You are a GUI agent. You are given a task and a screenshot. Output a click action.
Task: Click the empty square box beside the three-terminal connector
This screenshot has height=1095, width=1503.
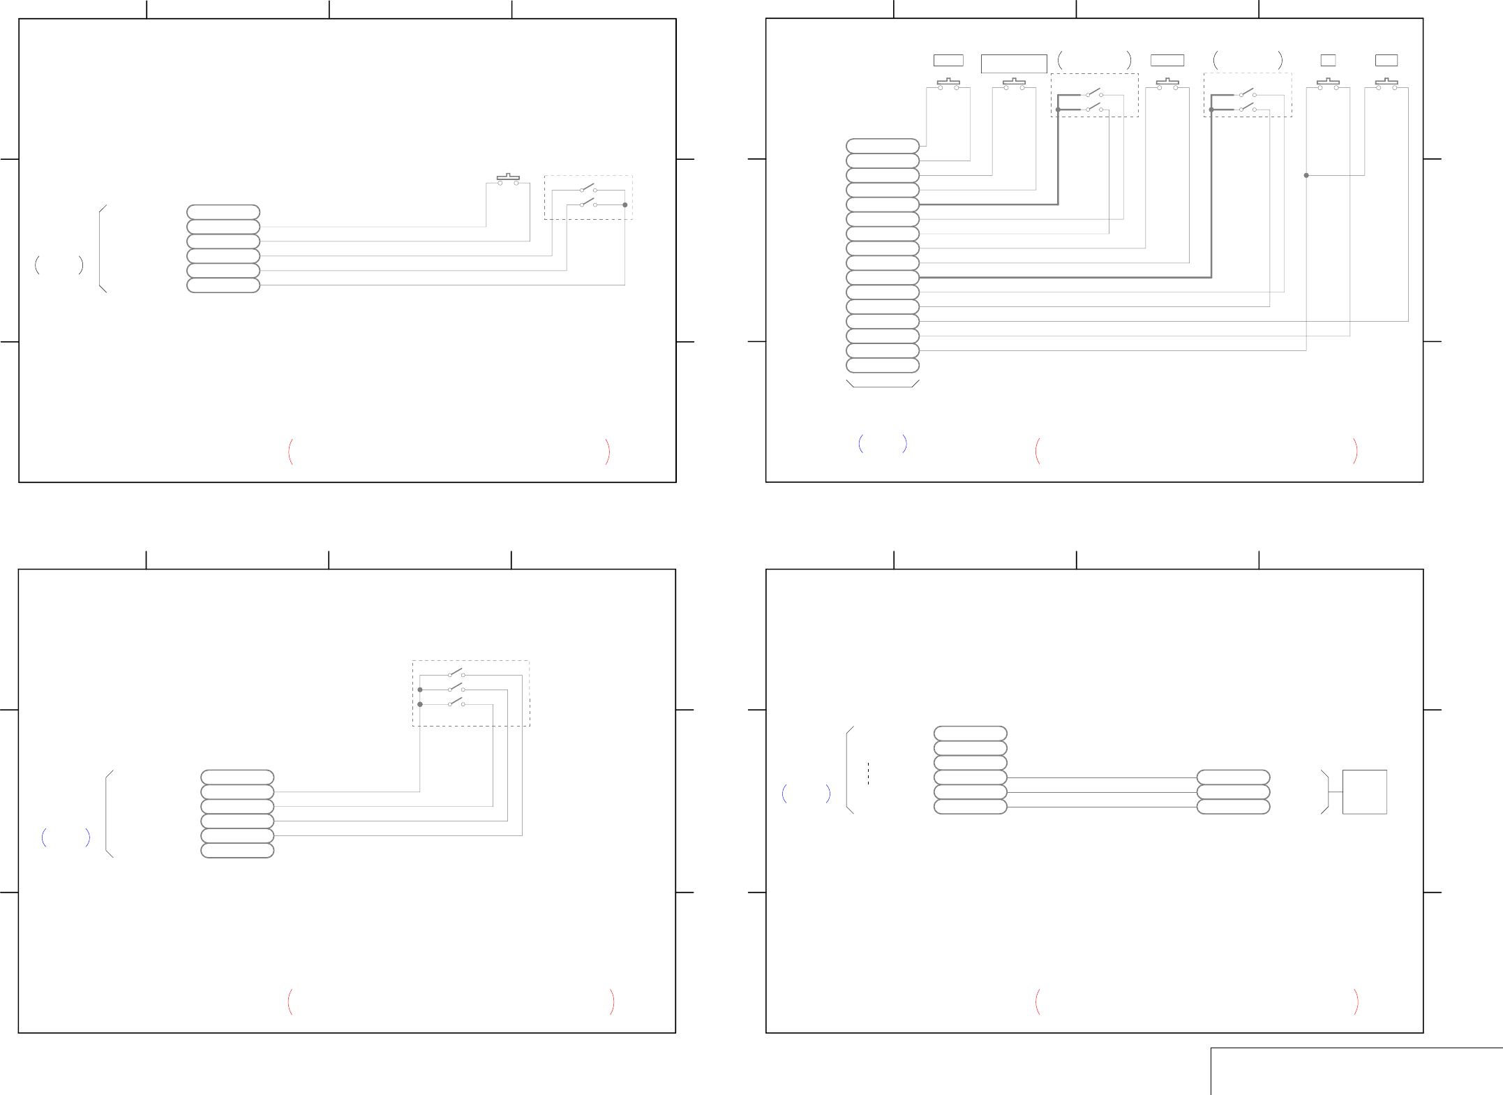coord(1364,791)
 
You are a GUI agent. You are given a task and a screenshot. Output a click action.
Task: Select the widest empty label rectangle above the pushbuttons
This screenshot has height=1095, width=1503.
coord(1013,64)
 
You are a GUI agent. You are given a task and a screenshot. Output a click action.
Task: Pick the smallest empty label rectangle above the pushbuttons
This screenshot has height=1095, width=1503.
coord(1328,61)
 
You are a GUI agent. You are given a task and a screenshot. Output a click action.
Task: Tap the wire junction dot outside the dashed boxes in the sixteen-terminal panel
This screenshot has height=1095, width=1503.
coord(1306,175)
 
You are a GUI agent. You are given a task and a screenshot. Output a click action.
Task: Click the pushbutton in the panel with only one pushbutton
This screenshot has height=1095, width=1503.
coord(508,179)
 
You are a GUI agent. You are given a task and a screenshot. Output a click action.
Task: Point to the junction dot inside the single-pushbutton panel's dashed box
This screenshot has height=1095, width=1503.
coord(625,204)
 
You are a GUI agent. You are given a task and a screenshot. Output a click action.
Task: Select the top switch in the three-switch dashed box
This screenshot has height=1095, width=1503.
coord(456,673)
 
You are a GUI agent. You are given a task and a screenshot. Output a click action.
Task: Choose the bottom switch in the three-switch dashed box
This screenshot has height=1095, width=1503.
coord(456,703)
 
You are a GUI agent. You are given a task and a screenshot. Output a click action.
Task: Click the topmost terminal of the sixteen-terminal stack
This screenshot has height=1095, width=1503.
coord(882,146)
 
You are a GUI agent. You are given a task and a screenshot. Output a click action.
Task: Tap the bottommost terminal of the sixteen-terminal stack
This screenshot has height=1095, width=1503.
coord(882,365)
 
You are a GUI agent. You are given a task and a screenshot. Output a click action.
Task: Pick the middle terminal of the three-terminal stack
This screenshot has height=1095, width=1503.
coord(1233,792)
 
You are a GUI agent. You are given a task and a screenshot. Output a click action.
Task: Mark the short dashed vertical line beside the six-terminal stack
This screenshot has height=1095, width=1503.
coord(868,773)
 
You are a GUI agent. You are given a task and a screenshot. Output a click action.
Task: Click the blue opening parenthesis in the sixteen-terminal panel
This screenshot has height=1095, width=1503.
coord(861,443)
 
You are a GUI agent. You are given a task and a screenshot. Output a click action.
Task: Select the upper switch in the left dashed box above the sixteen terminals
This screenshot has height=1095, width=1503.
coord(1094,93)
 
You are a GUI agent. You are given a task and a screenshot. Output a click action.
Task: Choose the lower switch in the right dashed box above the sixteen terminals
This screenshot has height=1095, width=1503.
coord(1247,108)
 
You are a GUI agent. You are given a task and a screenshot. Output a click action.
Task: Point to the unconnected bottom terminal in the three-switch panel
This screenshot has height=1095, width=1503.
coord(237,850)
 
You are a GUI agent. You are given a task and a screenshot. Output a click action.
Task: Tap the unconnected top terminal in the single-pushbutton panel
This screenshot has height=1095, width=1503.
coord(223,212)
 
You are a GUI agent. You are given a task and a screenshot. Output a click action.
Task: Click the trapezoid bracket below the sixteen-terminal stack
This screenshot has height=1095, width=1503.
coord(882,384)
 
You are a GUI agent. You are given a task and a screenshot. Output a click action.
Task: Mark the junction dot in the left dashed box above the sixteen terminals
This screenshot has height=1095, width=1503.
coord(1058,110)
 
